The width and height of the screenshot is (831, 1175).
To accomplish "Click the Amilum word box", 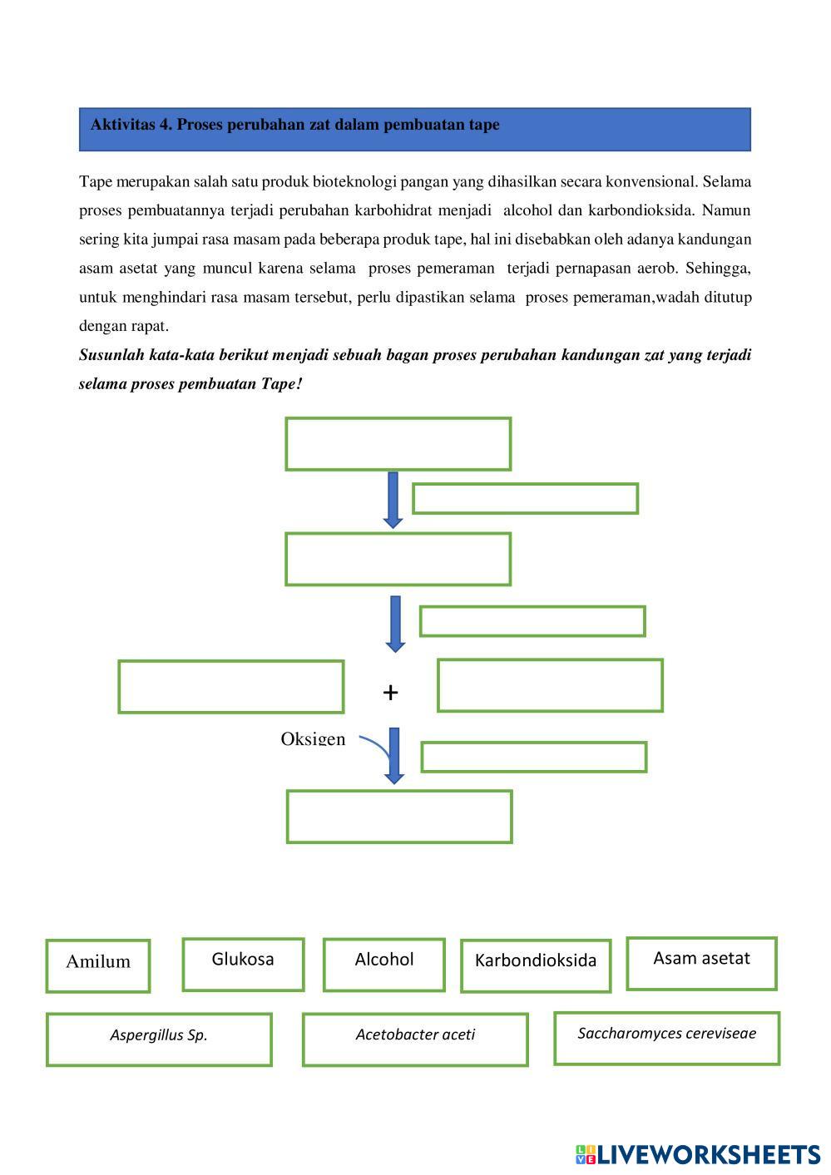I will (98, 965).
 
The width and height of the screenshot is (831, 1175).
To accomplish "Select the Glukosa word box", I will (243, 964).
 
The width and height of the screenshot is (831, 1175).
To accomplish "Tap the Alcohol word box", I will (383, 964).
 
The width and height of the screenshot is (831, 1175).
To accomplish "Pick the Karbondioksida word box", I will (535, 965).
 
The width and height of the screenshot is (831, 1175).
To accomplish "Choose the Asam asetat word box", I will (701, 963).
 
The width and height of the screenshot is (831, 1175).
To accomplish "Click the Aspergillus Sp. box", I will (159, 1039).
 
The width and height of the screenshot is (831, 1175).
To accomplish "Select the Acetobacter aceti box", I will (415, 1039).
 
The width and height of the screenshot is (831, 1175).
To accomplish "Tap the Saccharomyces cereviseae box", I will (666, 1037).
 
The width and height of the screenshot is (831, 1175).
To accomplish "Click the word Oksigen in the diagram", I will (313, 738).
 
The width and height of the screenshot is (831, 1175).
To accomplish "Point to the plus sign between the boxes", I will (391, 692).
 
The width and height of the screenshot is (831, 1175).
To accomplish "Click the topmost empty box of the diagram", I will (398, 444).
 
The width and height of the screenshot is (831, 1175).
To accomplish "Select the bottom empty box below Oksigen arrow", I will (399, 817).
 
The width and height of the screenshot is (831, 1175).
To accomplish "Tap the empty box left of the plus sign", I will (231, 686).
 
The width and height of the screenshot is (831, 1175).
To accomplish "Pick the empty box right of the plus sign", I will (550, 685).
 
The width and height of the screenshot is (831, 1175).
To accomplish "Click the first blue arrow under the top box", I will (393, 499).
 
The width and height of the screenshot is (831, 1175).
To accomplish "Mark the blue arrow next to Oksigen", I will (394, 754).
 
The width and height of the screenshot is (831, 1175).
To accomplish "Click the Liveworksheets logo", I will (697, 1153).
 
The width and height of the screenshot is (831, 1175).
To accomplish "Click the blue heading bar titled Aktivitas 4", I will (415, 129).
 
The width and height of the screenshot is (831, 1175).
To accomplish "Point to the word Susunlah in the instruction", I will (111, 355).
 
